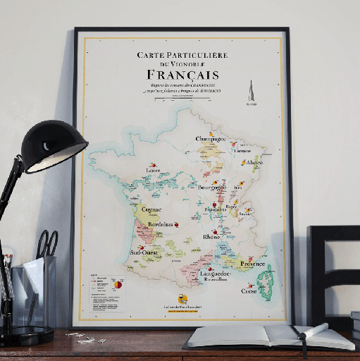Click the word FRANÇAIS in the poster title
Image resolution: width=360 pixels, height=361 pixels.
click(182, 75)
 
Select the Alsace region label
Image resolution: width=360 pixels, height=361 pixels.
click(254, 162)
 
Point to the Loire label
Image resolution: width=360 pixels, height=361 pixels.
click(153, 170)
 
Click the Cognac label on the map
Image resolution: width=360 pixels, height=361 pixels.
click(151, 209)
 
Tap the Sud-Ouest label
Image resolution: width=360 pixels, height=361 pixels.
click(143, 252)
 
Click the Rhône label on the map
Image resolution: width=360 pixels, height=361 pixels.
click(211, 237)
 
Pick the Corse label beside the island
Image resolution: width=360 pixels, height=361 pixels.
click(249, 290)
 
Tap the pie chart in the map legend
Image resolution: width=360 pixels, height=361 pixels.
click(118, 285)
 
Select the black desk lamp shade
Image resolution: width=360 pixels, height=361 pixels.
click(53, 145)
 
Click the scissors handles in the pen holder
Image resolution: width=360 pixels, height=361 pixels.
click(46, 243)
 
